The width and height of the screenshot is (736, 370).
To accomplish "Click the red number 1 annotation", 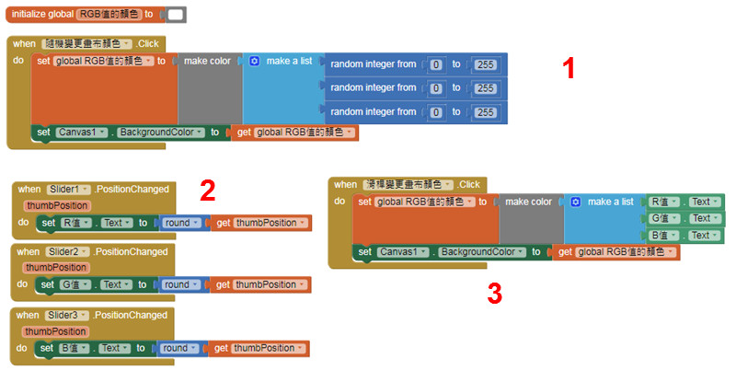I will coord(569,67).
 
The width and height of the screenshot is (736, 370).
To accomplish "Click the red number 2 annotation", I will coord(208,190).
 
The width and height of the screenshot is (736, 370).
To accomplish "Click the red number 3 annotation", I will coord(494,294).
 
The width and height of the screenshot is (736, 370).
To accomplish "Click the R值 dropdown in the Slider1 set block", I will coord(75,223).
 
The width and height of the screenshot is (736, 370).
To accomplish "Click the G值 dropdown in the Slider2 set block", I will coord(75,285).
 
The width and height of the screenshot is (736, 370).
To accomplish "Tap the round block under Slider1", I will coord(179,223).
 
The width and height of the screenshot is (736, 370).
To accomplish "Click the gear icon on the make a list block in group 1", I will coord(255,61).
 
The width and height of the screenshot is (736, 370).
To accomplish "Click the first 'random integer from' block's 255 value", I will coord(485,64).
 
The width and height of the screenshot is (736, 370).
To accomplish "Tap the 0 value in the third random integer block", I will coord(436,112).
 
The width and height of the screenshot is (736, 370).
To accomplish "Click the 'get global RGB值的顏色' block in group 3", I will coord(616,252).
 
